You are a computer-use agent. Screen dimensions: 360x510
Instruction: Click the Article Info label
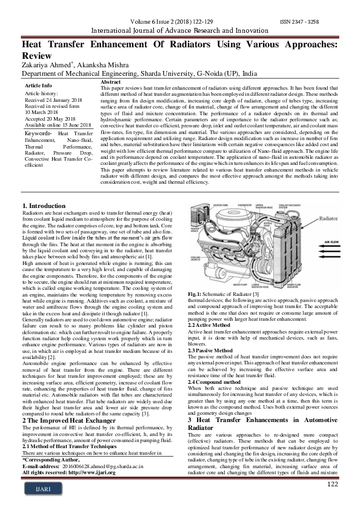38,86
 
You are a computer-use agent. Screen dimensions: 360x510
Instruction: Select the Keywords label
38,133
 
